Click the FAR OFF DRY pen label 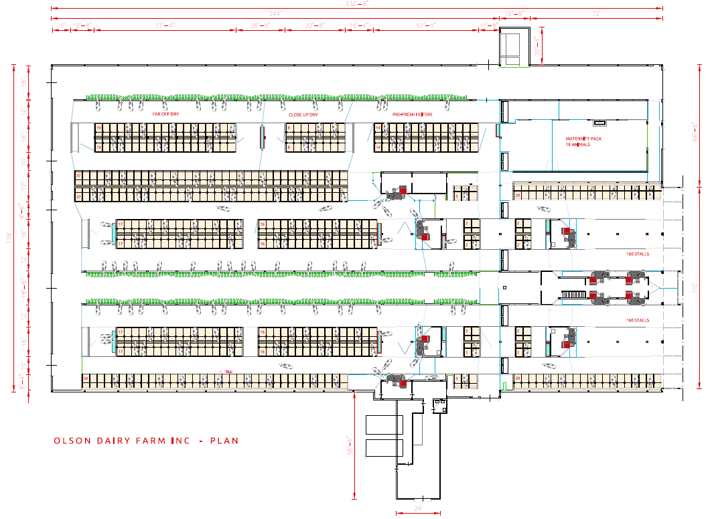pyautogui.click(x=165, y=115)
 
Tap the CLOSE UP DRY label pyautogui.click(x=303, y=115)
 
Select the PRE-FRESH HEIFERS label pyautogui.click(x=413, y=115)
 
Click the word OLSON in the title pyautogui.click(x=72, y=441)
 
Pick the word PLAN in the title pyautogui.click(x=224, y=441)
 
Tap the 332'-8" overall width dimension pyautogui.click(x=357, y=4)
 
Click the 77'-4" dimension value pyautogui.click(x=165, y=25)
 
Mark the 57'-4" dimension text pyautogui.click(x=426, y=25)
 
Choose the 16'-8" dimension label pyautogui.click(x=514, y=13)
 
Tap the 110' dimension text pyautogui.click(x=695, y=286)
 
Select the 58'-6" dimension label pyautogui.click(x=348, y=445)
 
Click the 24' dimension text pyautogui.click(x=418, y=509)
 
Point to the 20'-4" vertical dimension pyautogui.click(x=537, y=46)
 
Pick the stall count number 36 pyautogui.click(x=86, y=379)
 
